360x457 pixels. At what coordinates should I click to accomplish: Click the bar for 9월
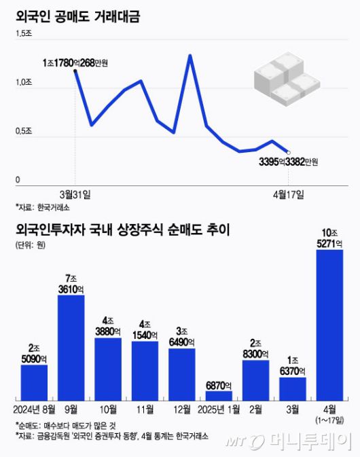pyautogui.click(x=71, y=347)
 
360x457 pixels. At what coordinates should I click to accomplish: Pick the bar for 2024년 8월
pyautogui.click(x=34, y=382)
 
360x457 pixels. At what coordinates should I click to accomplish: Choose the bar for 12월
pyautogui.click(x=181, y=373)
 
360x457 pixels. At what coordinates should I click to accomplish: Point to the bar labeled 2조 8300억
pyautogui.click(x=255, y=380)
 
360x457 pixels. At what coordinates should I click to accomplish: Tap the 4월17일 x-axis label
pyautogui.click(x=289, y=194)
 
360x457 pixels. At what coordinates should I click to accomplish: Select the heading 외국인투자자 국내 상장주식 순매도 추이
pyautogui.click(x=123, y=230)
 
